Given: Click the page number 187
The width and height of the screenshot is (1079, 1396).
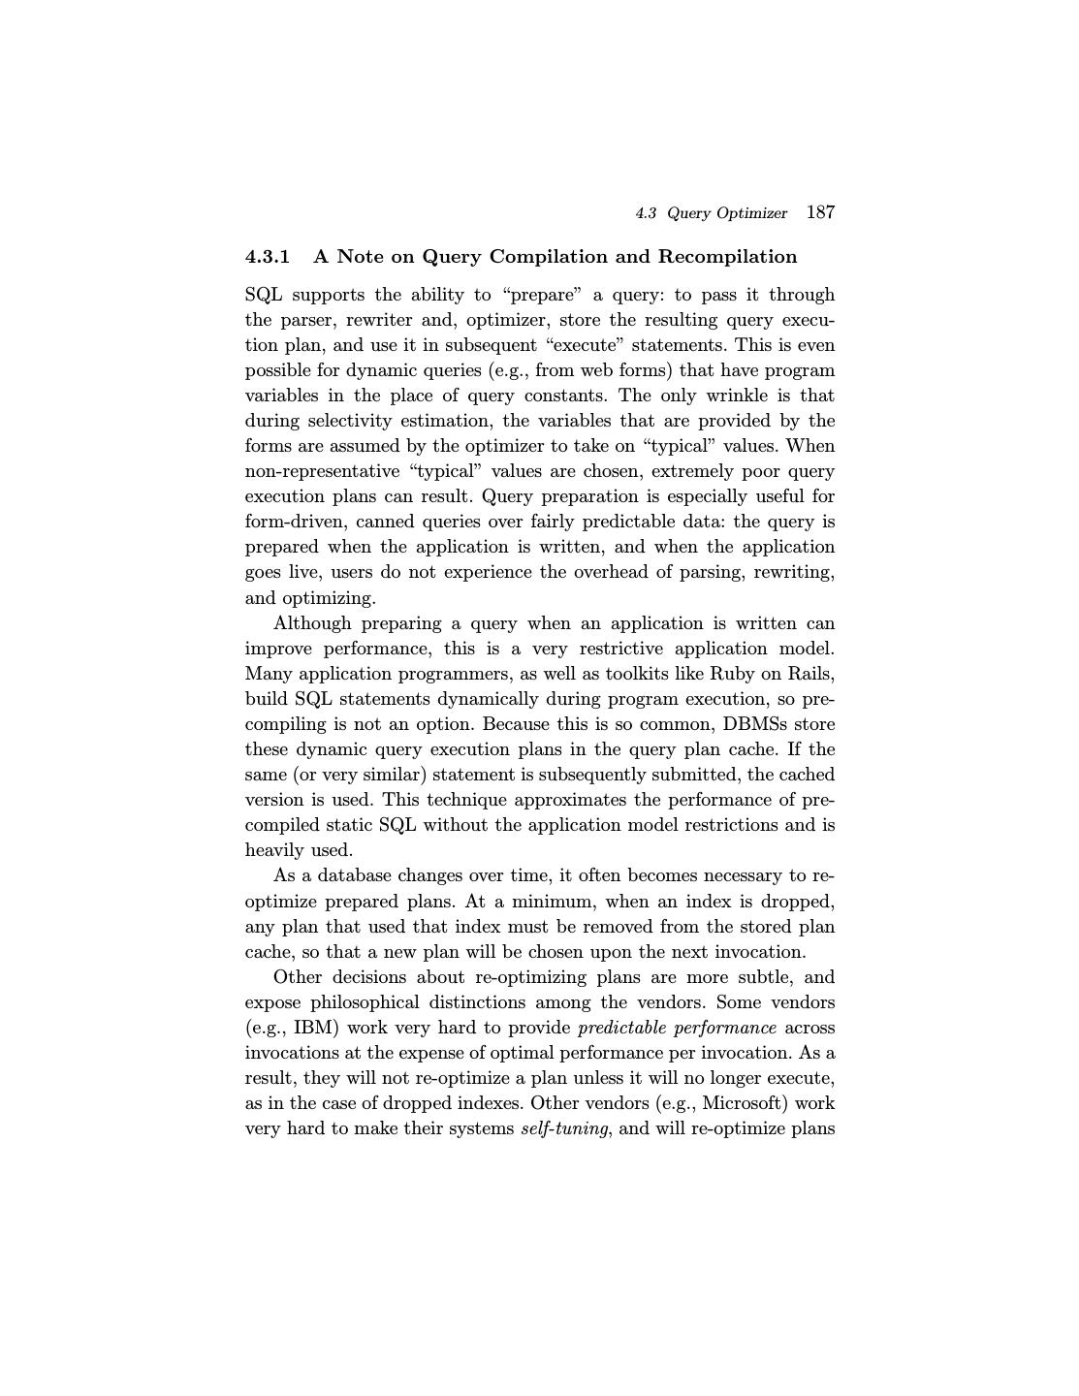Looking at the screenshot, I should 820,212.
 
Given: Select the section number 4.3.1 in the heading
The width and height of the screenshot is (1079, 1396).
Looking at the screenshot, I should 268,257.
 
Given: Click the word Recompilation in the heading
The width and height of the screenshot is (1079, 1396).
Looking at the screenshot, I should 727,257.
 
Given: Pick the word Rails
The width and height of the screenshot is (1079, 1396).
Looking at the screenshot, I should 810,674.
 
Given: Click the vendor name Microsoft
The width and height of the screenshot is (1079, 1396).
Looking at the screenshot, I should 742,1103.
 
